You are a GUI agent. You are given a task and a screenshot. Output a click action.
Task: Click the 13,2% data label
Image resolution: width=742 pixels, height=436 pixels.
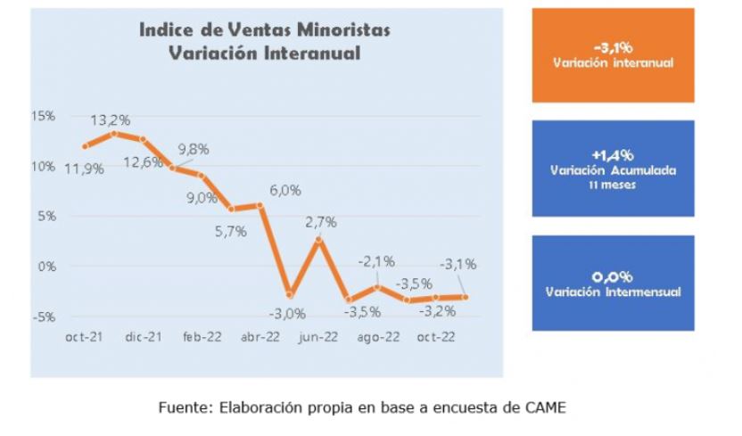point(111,120)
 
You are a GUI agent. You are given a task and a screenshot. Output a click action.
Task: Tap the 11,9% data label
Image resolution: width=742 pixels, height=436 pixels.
point(84,169)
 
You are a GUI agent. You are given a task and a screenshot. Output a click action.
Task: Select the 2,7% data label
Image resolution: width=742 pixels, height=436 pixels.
point(321,222)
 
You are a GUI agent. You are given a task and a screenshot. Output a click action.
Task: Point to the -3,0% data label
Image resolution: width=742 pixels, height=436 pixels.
point(287,314)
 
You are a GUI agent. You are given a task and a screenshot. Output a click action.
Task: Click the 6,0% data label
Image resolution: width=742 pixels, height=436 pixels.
point(285,191)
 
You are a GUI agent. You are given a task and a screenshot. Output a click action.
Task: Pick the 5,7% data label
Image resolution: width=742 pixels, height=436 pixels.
point(231,232)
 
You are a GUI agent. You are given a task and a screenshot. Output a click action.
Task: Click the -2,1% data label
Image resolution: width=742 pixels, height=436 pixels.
point(376,261)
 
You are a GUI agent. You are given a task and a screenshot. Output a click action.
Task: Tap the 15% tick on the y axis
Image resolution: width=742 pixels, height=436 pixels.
point(44,116)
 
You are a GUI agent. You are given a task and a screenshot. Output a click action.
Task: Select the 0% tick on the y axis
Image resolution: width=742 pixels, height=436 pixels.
point(47,267)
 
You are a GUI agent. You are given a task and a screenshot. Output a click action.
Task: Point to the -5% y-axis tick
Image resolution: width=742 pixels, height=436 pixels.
point(45,317)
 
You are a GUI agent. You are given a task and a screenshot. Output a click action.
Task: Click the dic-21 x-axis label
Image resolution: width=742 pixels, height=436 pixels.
point(144,337)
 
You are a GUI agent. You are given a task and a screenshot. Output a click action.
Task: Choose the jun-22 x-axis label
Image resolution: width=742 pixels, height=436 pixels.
point(318,337)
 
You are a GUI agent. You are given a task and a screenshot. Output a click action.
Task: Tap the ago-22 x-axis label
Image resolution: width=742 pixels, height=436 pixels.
point(378,338)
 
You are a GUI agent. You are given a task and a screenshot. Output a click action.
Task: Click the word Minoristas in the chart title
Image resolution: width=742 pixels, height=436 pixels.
point(344,29)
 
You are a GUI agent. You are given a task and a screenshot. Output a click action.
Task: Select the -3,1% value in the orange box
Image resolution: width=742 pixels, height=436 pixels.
point(614,47)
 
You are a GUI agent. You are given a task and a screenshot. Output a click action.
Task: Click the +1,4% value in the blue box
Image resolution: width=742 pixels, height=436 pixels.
point(613,155)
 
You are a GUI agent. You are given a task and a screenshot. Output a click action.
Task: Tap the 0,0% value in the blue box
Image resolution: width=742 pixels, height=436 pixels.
point(613,276)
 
